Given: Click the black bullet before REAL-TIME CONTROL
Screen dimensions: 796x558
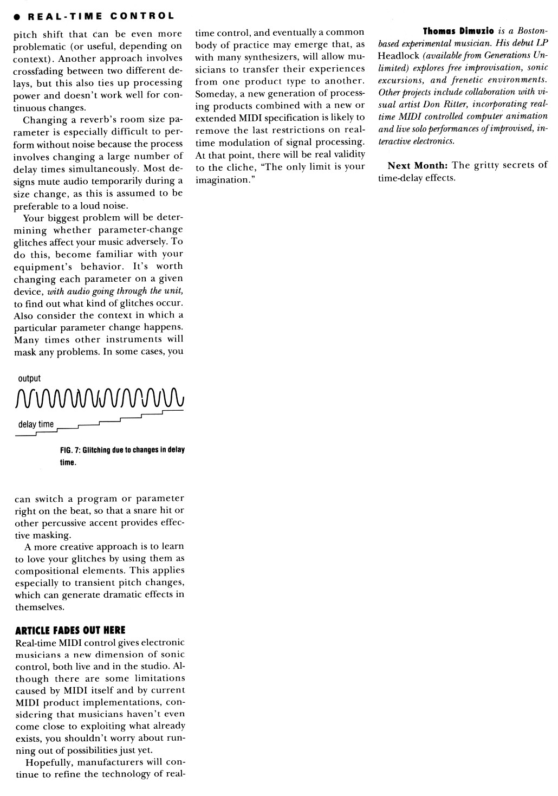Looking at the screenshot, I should point(8,17).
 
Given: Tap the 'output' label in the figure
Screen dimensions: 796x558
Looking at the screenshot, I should point(29,379).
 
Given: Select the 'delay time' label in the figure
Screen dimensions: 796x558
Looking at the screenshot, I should point(36,424).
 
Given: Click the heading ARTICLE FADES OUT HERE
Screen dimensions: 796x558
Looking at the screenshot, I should point(70,630).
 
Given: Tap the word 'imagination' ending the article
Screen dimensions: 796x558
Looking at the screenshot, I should point(222,179).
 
